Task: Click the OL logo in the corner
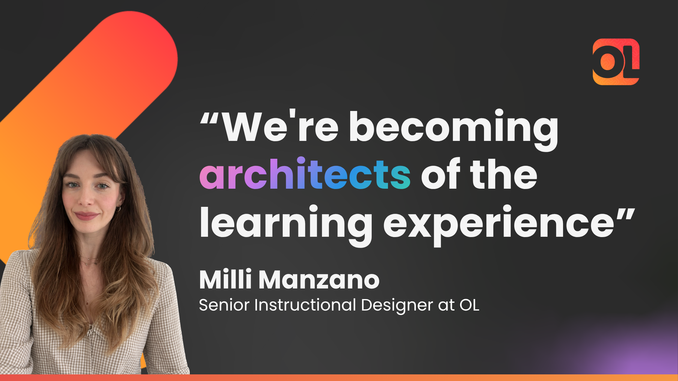click(616, 62)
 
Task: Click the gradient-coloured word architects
click(305, 174)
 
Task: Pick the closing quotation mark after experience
click(626, 214)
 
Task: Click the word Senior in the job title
click(224, 305)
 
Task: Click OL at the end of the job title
click(469, 305)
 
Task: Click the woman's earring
click(118, 209)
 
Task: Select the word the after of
click(504, 174)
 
